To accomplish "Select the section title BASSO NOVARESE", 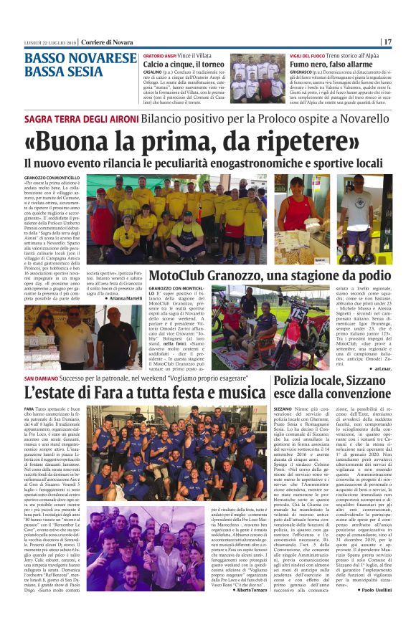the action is click(x=80, y=59).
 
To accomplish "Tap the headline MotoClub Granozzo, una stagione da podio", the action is click(x=270, y=275).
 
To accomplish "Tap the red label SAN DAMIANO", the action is click(x=47, y=377).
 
